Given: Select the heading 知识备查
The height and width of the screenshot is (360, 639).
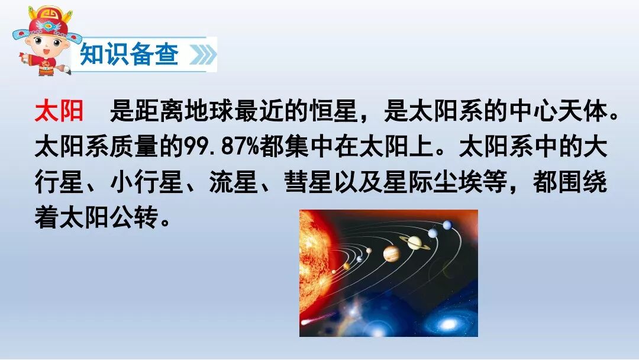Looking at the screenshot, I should (x=129, y=55).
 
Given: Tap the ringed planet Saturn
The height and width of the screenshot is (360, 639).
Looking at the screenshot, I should (x=414, y=242).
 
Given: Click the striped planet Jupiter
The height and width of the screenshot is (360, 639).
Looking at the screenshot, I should (x=391, y=254).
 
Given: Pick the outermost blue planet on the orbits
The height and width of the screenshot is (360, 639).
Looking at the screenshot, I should (x=447, y=225).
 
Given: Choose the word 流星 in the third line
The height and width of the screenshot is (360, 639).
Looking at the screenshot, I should (x=234, y=184).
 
